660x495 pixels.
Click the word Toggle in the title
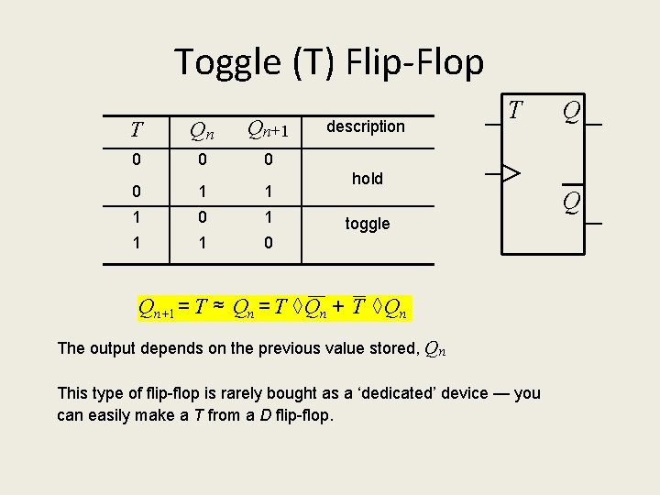229,62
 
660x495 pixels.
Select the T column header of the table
136,129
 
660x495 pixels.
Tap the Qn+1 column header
269,130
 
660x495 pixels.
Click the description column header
366,126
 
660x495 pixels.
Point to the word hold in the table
368,179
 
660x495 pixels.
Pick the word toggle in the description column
368,224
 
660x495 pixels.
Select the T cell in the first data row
136,159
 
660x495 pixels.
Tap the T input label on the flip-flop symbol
516,111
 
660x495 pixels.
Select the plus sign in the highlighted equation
339,308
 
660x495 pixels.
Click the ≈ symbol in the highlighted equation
219,308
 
